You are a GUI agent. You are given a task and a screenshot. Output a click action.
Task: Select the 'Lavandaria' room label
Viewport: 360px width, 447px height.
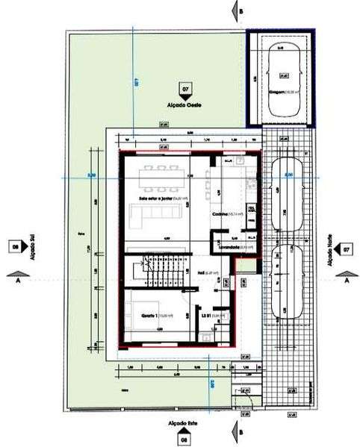[228, 246]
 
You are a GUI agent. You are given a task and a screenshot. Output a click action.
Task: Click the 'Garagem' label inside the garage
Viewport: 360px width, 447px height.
[280, 93]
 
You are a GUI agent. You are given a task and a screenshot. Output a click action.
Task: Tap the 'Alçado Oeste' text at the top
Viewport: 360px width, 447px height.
[184, 106]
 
